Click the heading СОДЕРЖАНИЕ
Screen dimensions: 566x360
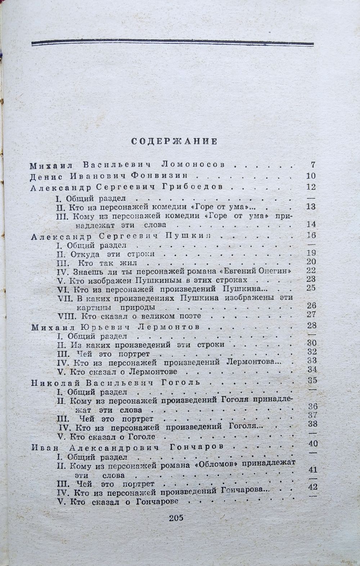174,141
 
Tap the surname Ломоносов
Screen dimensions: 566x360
193,165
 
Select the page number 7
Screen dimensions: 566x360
312,165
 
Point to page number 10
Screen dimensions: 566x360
311,176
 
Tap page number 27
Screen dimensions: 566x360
311,315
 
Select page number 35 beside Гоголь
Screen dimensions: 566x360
311,380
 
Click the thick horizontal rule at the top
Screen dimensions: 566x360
172,44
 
